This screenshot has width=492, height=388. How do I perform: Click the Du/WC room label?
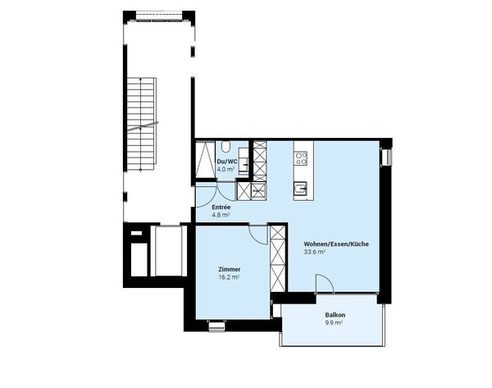point(226,162)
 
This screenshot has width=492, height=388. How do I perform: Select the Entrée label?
point(221,208)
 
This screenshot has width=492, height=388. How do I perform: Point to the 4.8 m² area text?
point(220,215)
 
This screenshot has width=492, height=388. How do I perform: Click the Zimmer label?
point(229,269)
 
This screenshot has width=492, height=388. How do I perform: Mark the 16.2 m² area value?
point(229,277)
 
